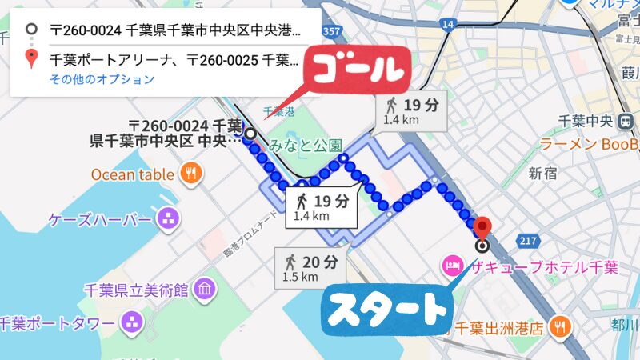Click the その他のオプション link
click(x=102, y=79)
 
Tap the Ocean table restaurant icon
click(x=190, y=173)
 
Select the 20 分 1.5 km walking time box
click(x=310, y=267)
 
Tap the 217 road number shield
click(x=526, y=238)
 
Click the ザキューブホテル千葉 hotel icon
click(x=451, y=266)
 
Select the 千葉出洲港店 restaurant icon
click(x=562, y=327)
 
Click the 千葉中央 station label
click(x=585, y=121)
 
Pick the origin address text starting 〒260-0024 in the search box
click(x=176, y=31)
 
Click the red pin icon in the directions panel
click(x=31, y=58)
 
